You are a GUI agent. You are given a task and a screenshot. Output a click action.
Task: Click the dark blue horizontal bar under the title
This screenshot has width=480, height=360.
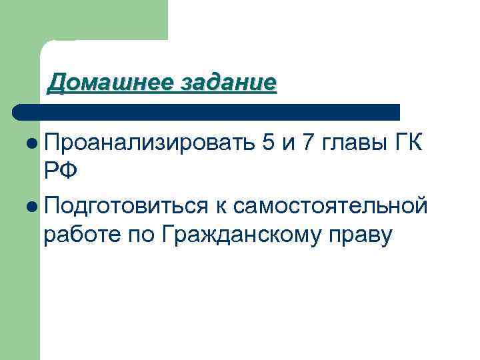pos(207,111)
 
